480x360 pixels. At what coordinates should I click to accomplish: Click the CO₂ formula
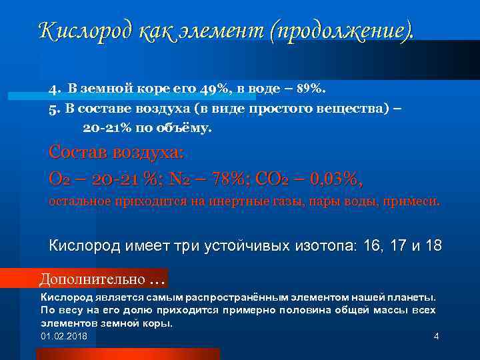[274, 179]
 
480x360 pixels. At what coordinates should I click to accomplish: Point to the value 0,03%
[336, 179]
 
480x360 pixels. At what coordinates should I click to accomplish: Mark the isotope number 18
[433, 245]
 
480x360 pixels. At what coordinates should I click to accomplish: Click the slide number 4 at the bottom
[436, 336]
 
